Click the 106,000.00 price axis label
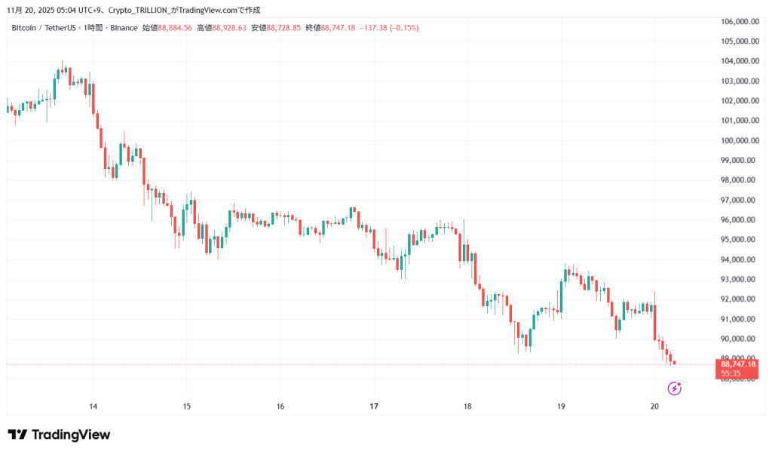tap(740, 21)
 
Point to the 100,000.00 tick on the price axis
tap(740, 140)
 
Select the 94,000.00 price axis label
tap(740, 259)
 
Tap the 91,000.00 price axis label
tap(740, 319)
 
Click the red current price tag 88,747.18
tap(738, 364)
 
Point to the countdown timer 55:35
tap(731, 373)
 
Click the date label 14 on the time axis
tap(93, 406)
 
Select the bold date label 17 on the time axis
tap(374, 406)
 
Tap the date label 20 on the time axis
tap(654, 406)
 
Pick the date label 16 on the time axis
tap(280, 406)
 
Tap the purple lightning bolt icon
tap(675, 388)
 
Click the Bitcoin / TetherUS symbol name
tap(44, 28)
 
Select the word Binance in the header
tap(124, 28)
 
